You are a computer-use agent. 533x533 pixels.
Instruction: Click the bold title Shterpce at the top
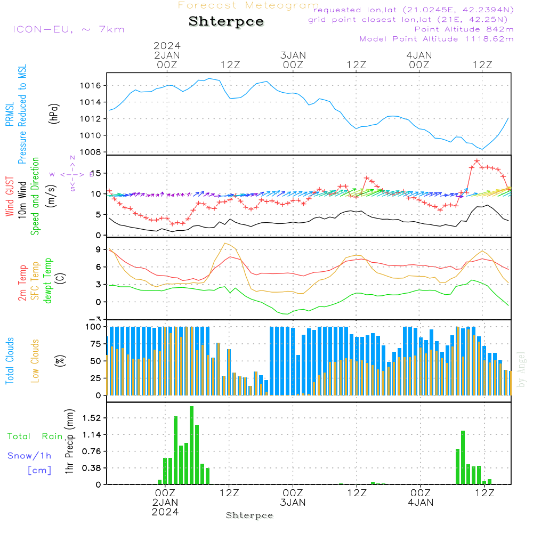pos(226,22)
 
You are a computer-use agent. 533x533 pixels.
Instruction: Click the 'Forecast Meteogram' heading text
pos(248,5)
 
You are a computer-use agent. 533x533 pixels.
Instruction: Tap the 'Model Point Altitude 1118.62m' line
pos(437,39)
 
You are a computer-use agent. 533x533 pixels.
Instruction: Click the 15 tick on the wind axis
pos(96,173)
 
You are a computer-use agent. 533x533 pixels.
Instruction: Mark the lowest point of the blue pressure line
pos(482,149)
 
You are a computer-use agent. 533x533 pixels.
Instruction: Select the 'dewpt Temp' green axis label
pos(49,281)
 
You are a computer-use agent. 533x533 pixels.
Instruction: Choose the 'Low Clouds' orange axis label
pos(35,361)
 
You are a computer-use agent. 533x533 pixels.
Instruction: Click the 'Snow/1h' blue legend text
pos(29,456)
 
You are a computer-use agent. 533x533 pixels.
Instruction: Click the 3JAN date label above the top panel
pos(293,55)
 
